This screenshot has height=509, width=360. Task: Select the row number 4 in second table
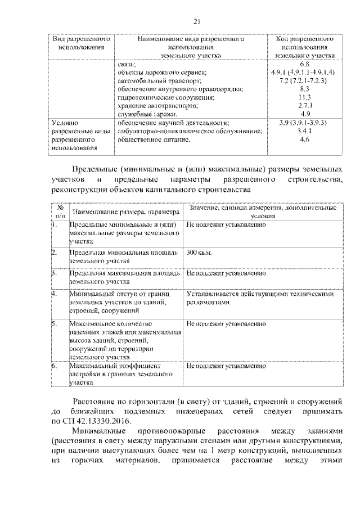pyautogui.click(x=53, y=294)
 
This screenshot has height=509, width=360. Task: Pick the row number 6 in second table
pyautogui.click(x=53, y=366)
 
